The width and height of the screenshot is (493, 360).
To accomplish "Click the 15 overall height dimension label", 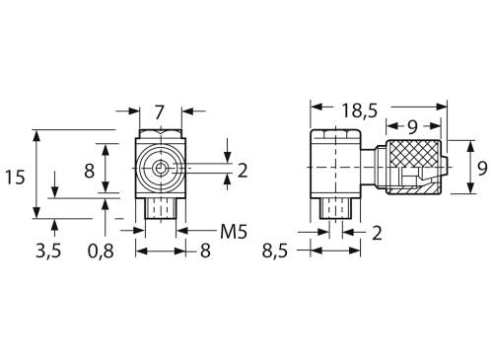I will (x=15, y=178).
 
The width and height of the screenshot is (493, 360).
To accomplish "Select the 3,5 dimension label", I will (x=48, y=251).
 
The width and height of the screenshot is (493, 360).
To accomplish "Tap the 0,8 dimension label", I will (x=100, y=251).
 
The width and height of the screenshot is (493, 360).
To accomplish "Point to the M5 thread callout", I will (x=232, y=232).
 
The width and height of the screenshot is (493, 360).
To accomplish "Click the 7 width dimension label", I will (x=159, y=111).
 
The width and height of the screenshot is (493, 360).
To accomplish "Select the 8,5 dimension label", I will (x=275, y=251).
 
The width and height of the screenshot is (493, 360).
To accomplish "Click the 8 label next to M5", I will (x=205, y=251).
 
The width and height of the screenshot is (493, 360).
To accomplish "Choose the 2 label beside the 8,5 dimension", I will (x=376, y=232).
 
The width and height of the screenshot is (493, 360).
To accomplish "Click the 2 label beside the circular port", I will (x=242, y=171).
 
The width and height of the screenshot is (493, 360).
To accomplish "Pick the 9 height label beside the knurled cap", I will (x=481, y=169).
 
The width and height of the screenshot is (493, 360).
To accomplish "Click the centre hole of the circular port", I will (x=159, y=169).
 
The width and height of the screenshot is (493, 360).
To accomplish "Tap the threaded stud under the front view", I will (x=159, y=208).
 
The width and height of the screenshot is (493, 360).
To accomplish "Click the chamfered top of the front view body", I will (x=159, y=134).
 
